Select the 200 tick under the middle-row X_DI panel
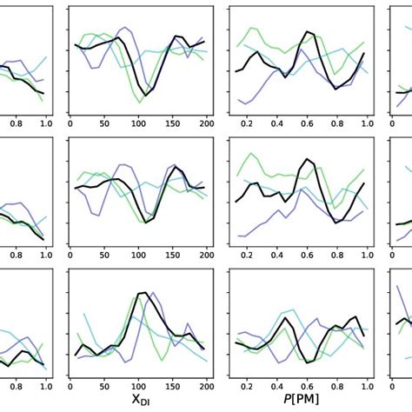206,255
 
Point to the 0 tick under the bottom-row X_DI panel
70,386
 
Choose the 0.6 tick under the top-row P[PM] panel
306,124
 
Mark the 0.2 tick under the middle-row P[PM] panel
247,255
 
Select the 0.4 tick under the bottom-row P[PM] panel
276,386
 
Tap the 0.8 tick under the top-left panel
16,124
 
